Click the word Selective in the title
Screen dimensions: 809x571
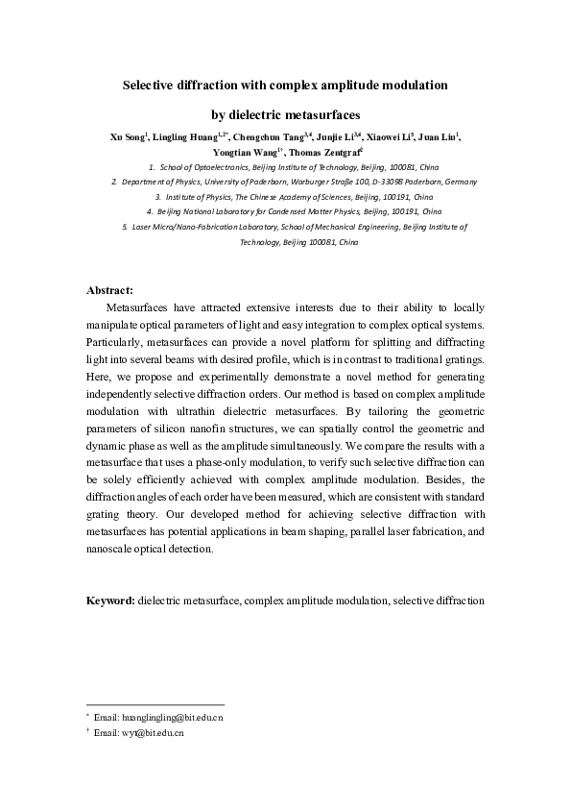tap(150, 85)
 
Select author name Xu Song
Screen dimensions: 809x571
tap(127, 137)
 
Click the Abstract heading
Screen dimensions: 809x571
tap(109, 289)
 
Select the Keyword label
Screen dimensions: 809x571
tap(110, 600)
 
